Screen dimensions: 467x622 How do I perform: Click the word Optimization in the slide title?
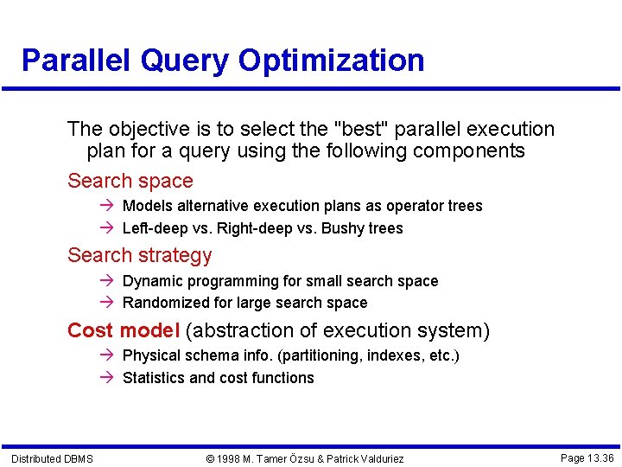331,61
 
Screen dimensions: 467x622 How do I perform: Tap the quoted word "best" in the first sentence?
361,129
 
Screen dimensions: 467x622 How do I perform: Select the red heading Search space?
130,181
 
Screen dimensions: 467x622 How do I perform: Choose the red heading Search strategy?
139,255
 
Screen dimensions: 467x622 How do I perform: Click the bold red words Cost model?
124,330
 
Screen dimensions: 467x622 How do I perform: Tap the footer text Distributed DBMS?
52,457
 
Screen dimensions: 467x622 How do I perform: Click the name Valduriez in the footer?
374,458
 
